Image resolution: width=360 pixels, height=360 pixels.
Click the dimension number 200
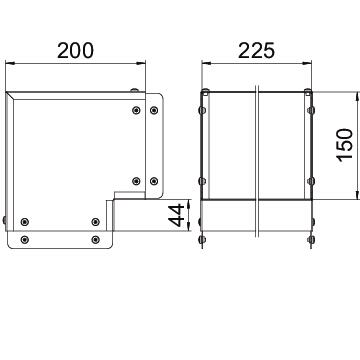pyautogui.click(x=75, y=51)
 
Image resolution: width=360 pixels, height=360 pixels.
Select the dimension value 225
pyautogui.click(x=256, y=51)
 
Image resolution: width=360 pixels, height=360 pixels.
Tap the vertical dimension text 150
pyautogui.click(x=345, y=145)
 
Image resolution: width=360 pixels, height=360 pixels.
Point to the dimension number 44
pyautogui.click(x=176, y=215)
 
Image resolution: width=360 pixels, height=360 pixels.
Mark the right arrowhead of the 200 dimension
pyautogui.click(x=141, y=63)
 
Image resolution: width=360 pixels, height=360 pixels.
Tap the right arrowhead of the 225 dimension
pyautogui.click(x=306, y=63)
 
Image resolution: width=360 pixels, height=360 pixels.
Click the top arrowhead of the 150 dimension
pyautogui.click(x=357, y=96)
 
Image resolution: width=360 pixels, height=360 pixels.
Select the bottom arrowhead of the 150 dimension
pyautogui.click(x=357, y=194)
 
